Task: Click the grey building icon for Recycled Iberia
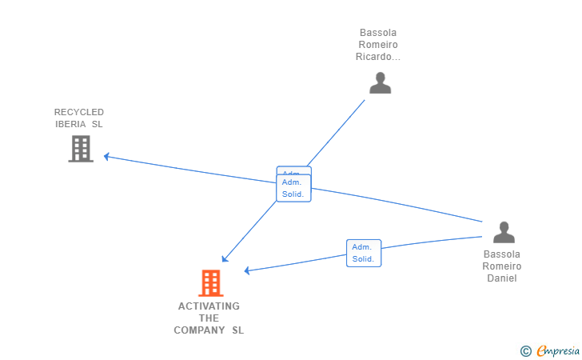click(x=81, y=149)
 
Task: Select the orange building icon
click(x=210, y=283)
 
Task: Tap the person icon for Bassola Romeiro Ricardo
click(x=381, y=82)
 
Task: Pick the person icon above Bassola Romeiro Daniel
click(x=504, y=232)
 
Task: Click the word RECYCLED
click(x=79, y=112)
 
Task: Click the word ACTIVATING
click(x=209, y=306)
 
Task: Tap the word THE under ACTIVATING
click(x=209, y=318)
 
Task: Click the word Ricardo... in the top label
click(x=378, y=57)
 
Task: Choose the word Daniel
click(x=502, y=278)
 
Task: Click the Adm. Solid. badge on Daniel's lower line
click(x=364, y=253)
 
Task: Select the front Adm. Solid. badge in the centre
click(x=293, y=189)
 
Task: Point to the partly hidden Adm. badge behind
click(x=293, y=171)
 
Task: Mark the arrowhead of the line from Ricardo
click(x=225, y=259)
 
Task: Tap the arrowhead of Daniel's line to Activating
click(x=248, y=270)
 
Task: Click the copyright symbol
click(x=525, y=350)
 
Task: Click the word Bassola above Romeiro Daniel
click(x=502, y=254)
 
